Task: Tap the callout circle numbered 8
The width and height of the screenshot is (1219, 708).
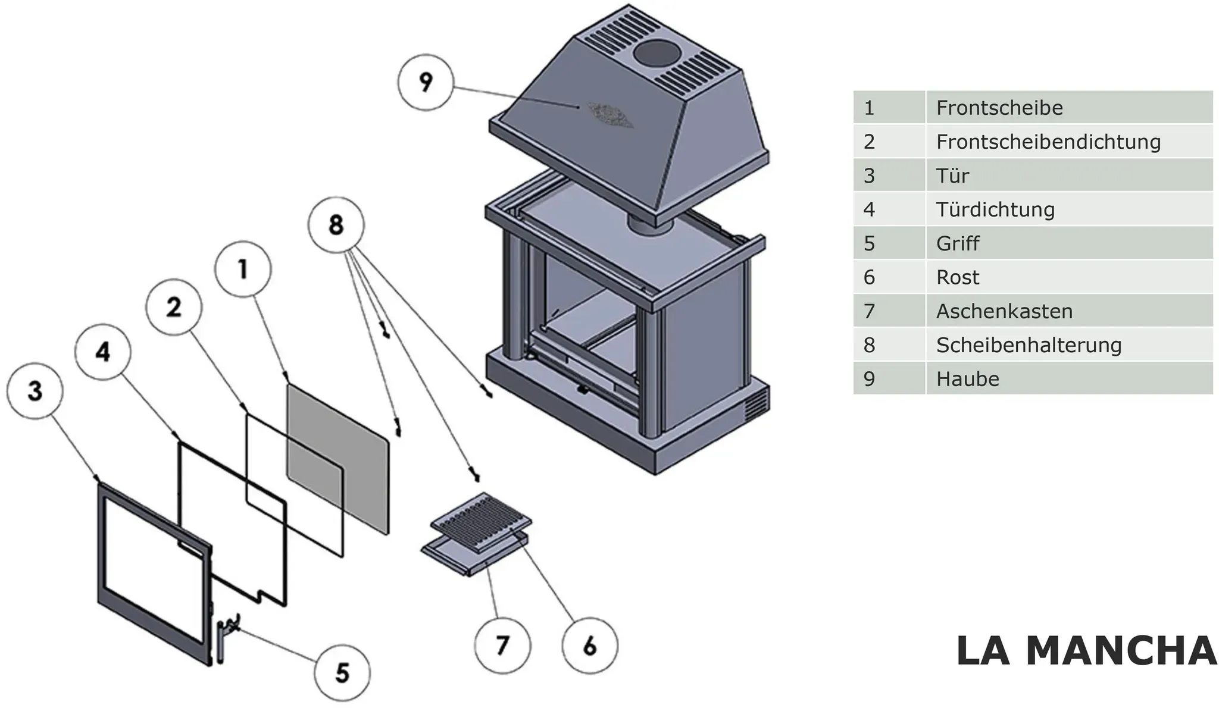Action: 336,225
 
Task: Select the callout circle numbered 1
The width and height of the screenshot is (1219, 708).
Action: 243,269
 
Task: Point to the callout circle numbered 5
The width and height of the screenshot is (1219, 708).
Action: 342,673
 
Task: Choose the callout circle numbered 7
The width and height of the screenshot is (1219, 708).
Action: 503,646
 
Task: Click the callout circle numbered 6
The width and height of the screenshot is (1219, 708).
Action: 590,646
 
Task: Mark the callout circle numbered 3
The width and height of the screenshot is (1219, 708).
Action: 35,391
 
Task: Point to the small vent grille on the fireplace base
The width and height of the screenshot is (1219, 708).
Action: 755,405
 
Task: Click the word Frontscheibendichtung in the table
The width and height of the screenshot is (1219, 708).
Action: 1048,142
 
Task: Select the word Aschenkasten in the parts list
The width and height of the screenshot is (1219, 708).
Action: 1004,311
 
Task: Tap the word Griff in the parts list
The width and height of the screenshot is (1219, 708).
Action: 957,243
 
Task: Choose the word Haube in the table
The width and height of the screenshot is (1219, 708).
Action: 967,379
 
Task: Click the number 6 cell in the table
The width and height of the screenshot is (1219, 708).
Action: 889,277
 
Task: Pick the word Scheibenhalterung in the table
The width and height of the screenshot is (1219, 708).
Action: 1029,345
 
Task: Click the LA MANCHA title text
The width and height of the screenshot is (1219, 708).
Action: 1086,650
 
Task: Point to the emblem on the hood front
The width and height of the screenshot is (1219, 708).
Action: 609,115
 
